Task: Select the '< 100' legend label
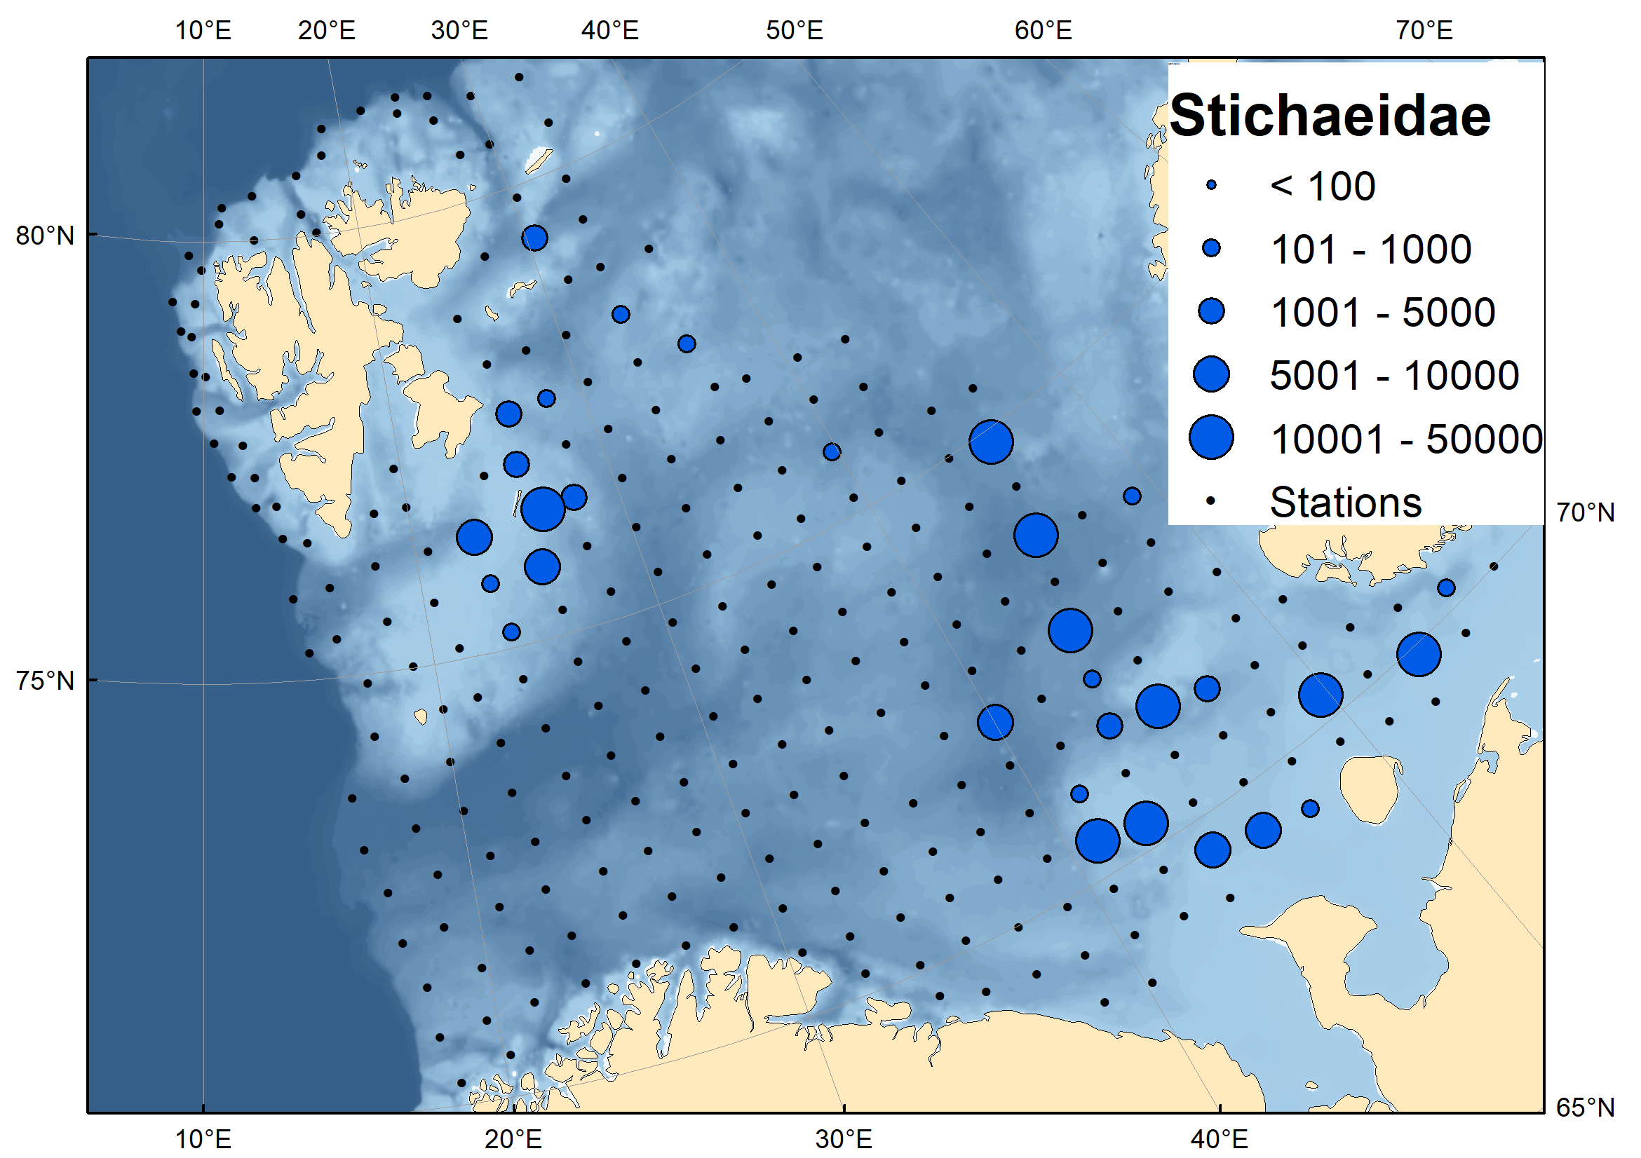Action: tap(1322, 186)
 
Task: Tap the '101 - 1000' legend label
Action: tap(1370, 250)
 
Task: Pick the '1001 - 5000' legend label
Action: tap(1382, 312)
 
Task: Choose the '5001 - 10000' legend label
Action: tap(1393, 376)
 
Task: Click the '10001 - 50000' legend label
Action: tap(1406, 439)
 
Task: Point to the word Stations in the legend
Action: tap(1345, 502)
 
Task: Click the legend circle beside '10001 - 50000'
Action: tap(1210, 437)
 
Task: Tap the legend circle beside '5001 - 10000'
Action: tap(1210, 374)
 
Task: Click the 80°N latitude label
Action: tap(45, 236)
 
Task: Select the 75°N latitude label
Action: tap(45, 681)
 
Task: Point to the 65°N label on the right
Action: tap(1584, 1108)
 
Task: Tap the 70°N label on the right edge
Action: tap(1584, 512)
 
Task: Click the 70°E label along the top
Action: tap(1424, 31)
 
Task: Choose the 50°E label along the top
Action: tap(794, 31)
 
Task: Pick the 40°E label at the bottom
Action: tap(1219, 1138)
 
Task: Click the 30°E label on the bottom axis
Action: tap(844, 1138)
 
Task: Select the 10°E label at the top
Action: tap(203, 31)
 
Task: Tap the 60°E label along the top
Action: tap(1043, 31)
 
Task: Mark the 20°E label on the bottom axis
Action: tap(513, 1138)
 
